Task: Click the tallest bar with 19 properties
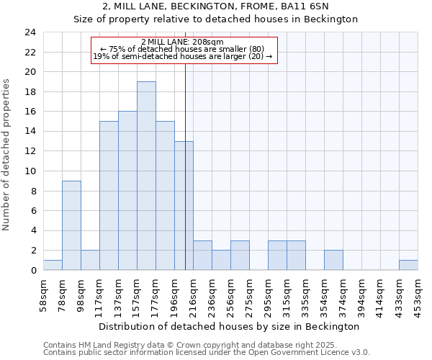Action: coord(146,176)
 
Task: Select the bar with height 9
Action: coord(71,225)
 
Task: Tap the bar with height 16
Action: coord(127,191)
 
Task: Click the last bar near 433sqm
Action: coord(408,265)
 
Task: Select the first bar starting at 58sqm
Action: coord(53,265)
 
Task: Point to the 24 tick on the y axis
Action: coord(30,32)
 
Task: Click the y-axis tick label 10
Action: coord(30,171)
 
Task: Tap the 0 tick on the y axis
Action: coord(32,271)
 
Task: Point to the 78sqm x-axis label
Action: coord(63,294)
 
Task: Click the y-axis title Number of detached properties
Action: coord(7,154)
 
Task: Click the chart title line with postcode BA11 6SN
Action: coord(216,6)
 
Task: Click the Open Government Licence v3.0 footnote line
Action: coord(207,353)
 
